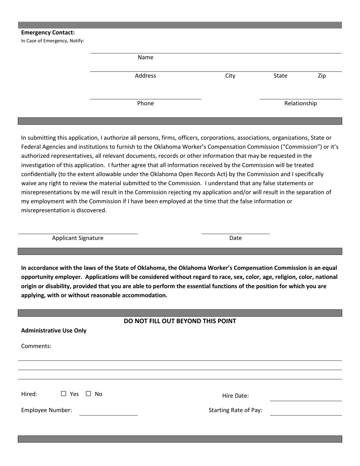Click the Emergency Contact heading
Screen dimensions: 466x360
[x=48, y=33]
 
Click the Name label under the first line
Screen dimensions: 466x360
[x=146, y=58]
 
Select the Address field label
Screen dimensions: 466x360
[x=146, y=76]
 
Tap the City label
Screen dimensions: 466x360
[x=230, y=76]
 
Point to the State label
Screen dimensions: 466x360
[x=280, y=76]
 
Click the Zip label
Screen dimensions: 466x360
[x=322, y=76]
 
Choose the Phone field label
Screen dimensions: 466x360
[x=146, y=103]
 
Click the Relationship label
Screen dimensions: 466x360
[x=301, y=103]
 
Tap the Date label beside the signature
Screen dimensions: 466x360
[x=235, y=238]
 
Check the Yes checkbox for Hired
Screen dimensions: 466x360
[x=63, y=394]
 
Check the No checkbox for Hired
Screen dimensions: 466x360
[x=88, y=394]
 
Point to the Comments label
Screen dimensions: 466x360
[x=36, y=346]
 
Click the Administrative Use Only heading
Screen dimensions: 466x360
[x=54, y=330]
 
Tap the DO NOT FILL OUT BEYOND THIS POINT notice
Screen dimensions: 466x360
[x=180, y=321]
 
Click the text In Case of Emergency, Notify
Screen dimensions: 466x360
[x=53, y=41]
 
